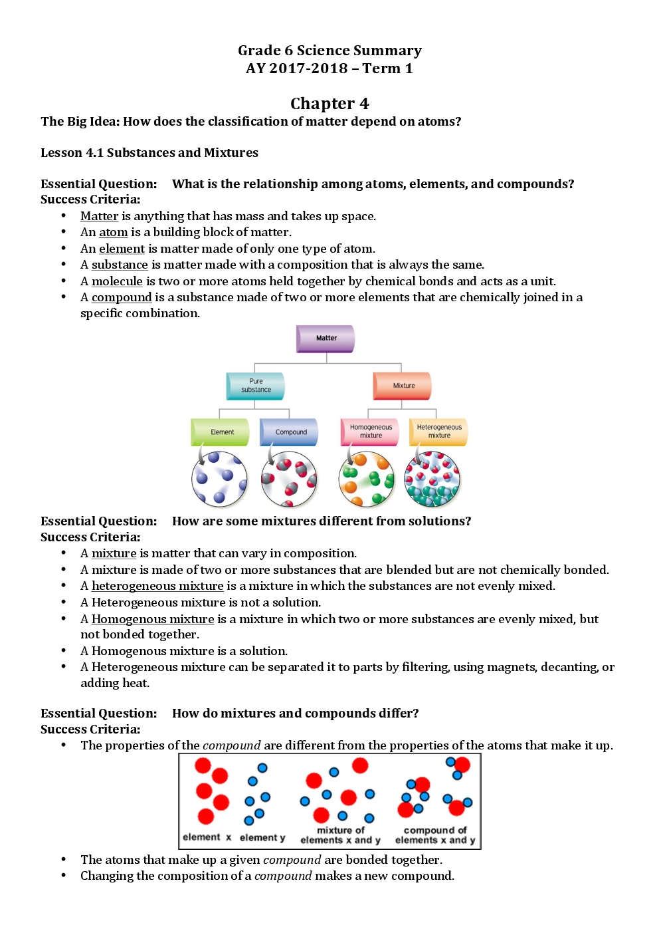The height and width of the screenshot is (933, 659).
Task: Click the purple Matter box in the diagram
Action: click(326, 338)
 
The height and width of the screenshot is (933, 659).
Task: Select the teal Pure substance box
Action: click(256, 386)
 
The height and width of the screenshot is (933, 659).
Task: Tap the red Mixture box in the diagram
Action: click(403, 386)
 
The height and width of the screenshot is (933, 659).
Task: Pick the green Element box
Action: click(221, 432)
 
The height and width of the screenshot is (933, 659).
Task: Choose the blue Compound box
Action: click(290, 432)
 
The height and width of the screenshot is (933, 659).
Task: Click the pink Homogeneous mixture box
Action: click(370, 432)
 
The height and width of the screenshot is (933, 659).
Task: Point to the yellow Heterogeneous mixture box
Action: click(438, 432)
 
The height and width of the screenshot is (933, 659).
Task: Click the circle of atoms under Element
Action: click(219, 479)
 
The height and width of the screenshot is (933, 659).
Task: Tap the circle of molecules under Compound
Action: click(290, 479)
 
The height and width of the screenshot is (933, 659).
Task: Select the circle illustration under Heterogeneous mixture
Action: click(432, 479)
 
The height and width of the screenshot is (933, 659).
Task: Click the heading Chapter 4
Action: click(329, 104)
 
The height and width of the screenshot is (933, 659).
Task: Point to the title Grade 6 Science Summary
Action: click(329, 51)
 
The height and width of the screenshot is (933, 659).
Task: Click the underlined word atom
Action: click(114, 232)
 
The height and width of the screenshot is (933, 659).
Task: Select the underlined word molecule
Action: click(117, 281)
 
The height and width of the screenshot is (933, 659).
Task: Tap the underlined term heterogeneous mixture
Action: click(157, 586)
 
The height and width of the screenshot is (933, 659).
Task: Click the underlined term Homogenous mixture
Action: click(153, 619)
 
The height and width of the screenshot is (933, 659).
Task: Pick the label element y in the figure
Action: click(262, 838)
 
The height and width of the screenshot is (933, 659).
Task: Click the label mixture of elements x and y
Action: click(340, 835)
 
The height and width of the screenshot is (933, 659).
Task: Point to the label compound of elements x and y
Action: click(435, 835)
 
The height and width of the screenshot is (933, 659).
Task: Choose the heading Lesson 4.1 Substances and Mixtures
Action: click(149, 153)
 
